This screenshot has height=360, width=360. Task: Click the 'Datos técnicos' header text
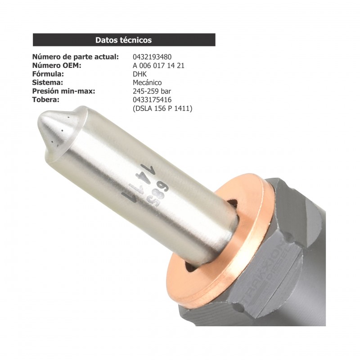tap(123, 40)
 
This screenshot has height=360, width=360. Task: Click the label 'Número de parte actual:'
tap(76, 57)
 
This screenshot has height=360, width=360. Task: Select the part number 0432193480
tap(152, 57)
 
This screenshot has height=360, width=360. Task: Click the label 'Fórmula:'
tap(48, 74)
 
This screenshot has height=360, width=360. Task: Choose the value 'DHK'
tap(140, 74)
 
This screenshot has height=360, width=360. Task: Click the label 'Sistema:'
tap(47, 83)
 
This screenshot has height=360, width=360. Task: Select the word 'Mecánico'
tap(147, 83)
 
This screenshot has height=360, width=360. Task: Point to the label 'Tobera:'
tap(46, 100)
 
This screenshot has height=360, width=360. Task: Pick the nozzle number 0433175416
tap(152, 100)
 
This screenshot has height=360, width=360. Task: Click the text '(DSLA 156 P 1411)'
tap(162, 108)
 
